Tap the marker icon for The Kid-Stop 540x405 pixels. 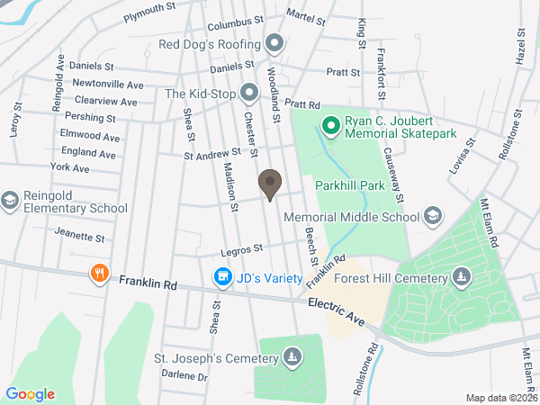249,92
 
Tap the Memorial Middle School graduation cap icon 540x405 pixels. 433,216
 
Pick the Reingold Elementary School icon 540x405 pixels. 10,200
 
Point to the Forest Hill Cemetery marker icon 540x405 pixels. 461,277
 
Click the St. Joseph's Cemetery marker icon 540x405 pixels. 292,358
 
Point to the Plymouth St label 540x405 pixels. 149,8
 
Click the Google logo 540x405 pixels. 31,394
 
